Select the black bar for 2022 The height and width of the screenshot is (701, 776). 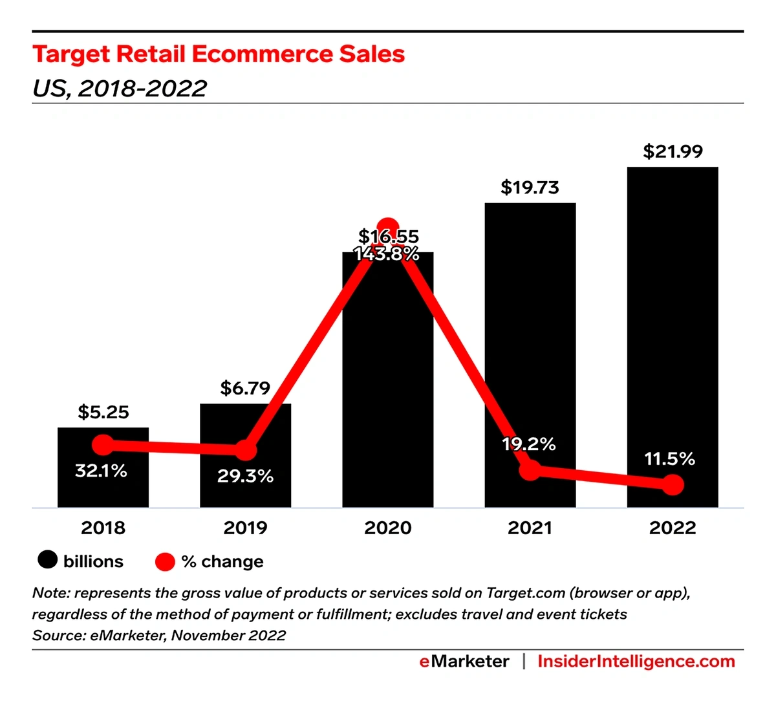tap(673, 336)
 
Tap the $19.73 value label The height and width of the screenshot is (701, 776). tap(530, 188)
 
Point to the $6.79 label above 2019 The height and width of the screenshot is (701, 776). tap(245, 388)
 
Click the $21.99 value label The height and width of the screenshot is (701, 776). tap(673, 151)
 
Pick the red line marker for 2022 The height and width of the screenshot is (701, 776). tap(673, 484)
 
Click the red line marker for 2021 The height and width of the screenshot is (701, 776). tap(530, 470)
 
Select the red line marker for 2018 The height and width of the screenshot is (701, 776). tap(103, 445)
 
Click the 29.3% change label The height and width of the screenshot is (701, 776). tap(245, 477)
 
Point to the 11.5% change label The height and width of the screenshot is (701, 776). tap(669, 459)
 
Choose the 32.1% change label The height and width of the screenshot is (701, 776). tap(101, 471)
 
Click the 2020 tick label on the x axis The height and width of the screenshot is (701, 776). tap(387, 528)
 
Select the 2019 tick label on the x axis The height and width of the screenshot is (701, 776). tap(245, 528)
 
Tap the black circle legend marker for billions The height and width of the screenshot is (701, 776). tap(48, 560)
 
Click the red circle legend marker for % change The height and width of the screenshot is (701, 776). tap(166, 561)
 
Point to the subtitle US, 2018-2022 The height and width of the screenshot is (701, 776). tap(120, 88)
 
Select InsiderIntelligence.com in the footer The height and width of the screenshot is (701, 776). tap(636, 662)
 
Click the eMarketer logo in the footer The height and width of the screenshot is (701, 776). tap(464, 662)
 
